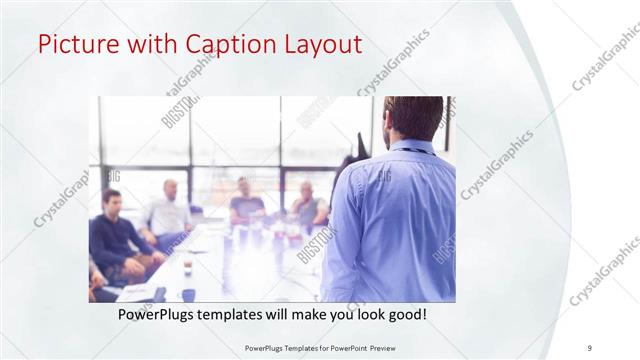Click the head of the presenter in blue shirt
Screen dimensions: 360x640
click(410, 118)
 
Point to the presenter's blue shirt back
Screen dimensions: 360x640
click(390, 220)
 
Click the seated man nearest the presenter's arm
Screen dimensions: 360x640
click(306, 205)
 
